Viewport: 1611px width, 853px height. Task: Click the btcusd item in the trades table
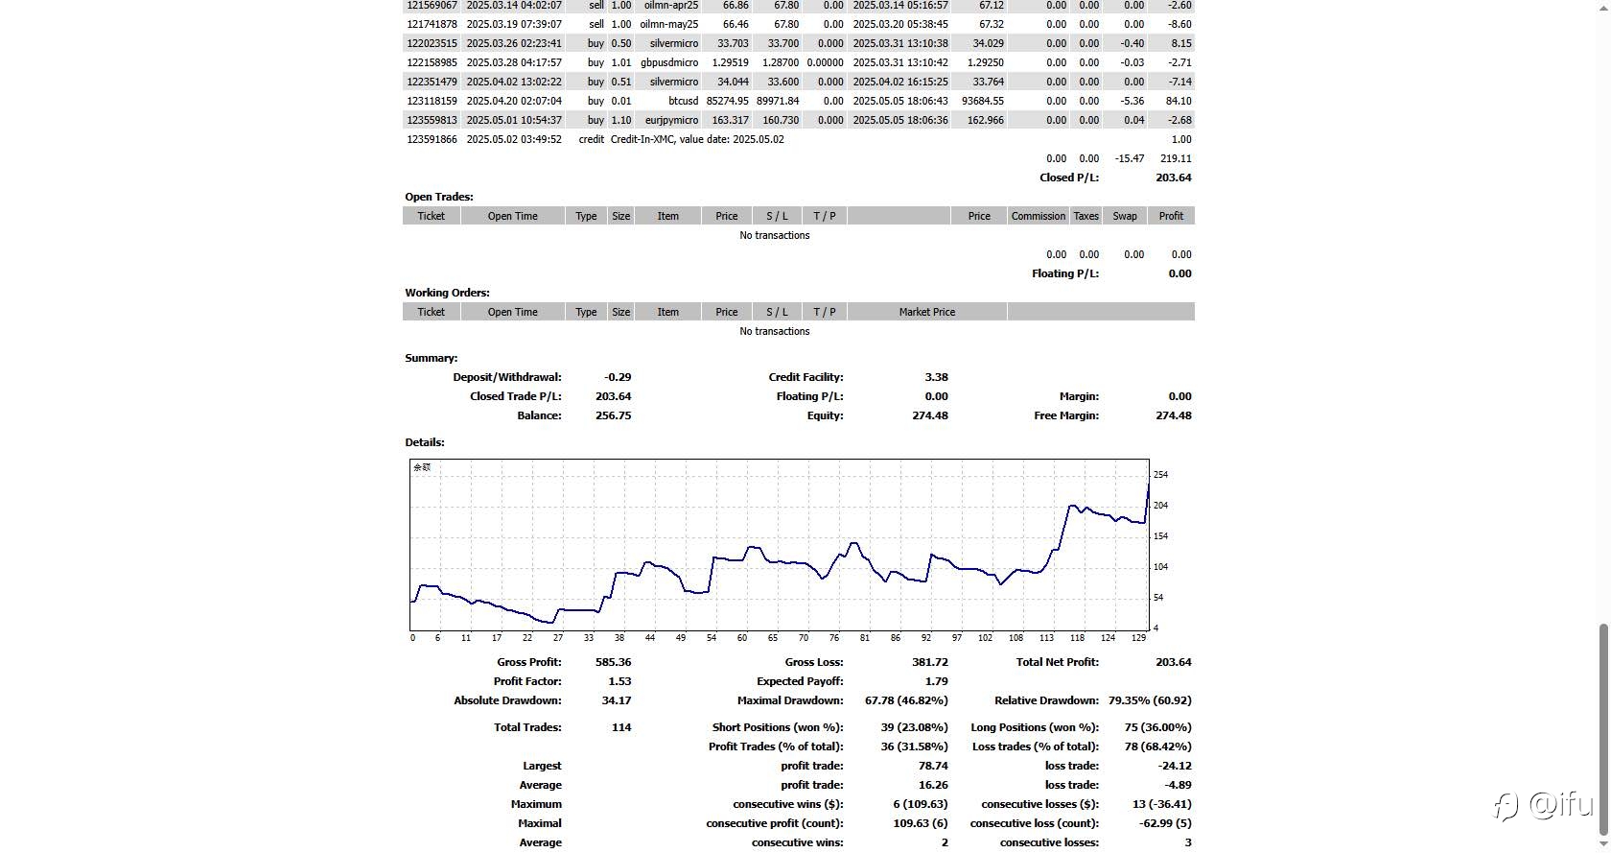tap(683, 101)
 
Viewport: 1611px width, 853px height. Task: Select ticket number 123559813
tap(432, 120)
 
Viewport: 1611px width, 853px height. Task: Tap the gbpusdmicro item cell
tap(669, 62)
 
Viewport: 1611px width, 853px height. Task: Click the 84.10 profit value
tap(1178, 101)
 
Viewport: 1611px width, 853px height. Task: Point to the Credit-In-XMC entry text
tap(697, 140)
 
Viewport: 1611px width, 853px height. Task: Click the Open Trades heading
tap(439, 197)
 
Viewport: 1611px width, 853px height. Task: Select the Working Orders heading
tap(447, 293)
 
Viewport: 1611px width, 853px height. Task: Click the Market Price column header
tap(927, 312)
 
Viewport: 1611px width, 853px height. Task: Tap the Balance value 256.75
tap(613, 415)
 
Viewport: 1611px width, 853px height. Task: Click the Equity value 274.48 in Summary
tap(929, 415)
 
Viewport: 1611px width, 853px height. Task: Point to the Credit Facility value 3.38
tap(936, 377)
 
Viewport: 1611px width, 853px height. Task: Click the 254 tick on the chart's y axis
tap(1160, 474)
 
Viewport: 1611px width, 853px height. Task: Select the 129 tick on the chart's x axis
tap(1138, 638)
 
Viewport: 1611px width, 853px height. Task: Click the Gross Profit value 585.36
tap(613, 662)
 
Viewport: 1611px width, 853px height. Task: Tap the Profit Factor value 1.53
tap(619, 681)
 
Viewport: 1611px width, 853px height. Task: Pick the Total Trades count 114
tap(621, 727)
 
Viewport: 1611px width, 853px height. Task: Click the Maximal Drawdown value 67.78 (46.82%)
tap(906, 700)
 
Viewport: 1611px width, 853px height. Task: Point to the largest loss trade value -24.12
tap(1175, 766)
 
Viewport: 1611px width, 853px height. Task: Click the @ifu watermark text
tap(1561, 804)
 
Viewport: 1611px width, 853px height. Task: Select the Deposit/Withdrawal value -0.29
tap(618, 377)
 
